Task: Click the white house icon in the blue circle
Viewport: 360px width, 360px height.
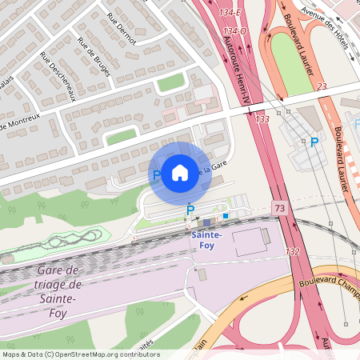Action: pyautogui.click(x=180, y=172)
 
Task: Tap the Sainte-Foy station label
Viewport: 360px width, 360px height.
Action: pyautogui.click(x=207, y=240)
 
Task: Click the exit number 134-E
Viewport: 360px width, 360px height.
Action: pyautogui.click(x=234, y=14)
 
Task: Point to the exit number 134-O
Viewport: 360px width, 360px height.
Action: pyautogui.click(x=234, y=31)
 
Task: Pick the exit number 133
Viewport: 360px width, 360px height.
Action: pyautogui.click(x=262, y=118)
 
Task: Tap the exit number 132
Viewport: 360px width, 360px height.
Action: pyautogui.click(x=292, y=251)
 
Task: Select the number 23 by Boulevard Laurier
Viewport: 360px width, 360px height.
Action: pyautogui.click(x=322, y=86)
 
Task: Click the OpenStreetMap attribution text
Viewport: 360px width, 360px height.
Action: pyautogui.click(x=80, y=354)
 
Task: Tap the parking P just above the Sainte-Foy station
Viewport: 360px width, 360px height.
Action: pyautogui.click(x=190, y=210)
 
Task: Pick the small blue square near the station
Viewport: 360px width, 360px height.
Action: pyautogui.click(x=226, y=215)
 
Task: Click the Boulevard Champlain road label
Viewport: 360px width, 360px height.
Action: pyautogui.click(x=328, y=282)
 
